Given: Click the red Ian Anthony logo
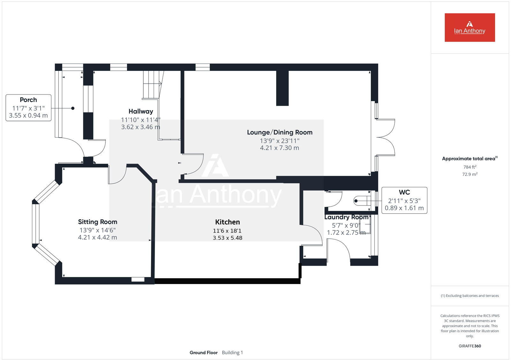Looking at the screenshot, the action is coord(469,27).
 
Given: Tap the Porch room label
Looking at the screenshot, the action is coord(28,100).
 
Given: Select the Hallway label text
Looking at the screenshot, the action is coord(141,111).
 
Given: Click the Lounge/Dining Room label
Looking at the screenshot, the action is coord(279,132).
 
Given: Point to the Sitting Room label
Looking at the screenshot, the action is coord(97,222).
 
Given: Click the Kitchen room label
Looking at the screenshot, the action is coord(227,222).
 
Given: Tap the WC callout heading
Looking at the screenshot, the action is coord(404,192).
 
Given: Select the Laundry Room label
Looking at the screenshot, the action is coord(346,217).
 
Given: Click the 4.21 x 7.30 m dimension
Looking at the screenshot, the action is coord(279,148).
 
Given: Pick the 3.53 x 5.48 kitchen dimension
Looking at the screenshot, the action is coord(227,238).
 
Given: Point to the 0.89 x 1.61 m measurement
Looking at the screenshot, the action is coord(404,208).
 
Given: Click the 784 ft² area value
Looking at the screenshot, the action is coord(470,167).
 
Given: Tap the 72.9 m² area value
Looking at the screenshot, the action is coord(470,174).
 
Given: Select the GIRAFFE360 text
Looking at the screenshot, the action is coord(470,346).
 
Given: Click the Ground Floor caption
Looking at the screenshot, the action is coord(203,353).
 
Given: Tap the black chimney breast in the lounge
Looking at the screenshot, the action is coord(282,88).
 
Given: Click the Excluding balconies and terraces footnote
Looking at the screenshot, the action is coord(470,296).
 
